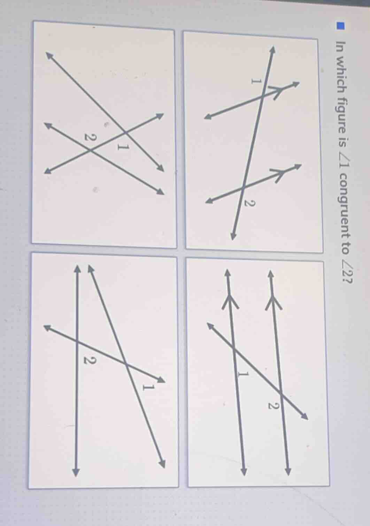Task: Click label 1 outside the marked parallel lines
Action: [x=256, y=81]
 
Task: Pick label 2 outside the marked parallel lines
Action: [x=248, y=202]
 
